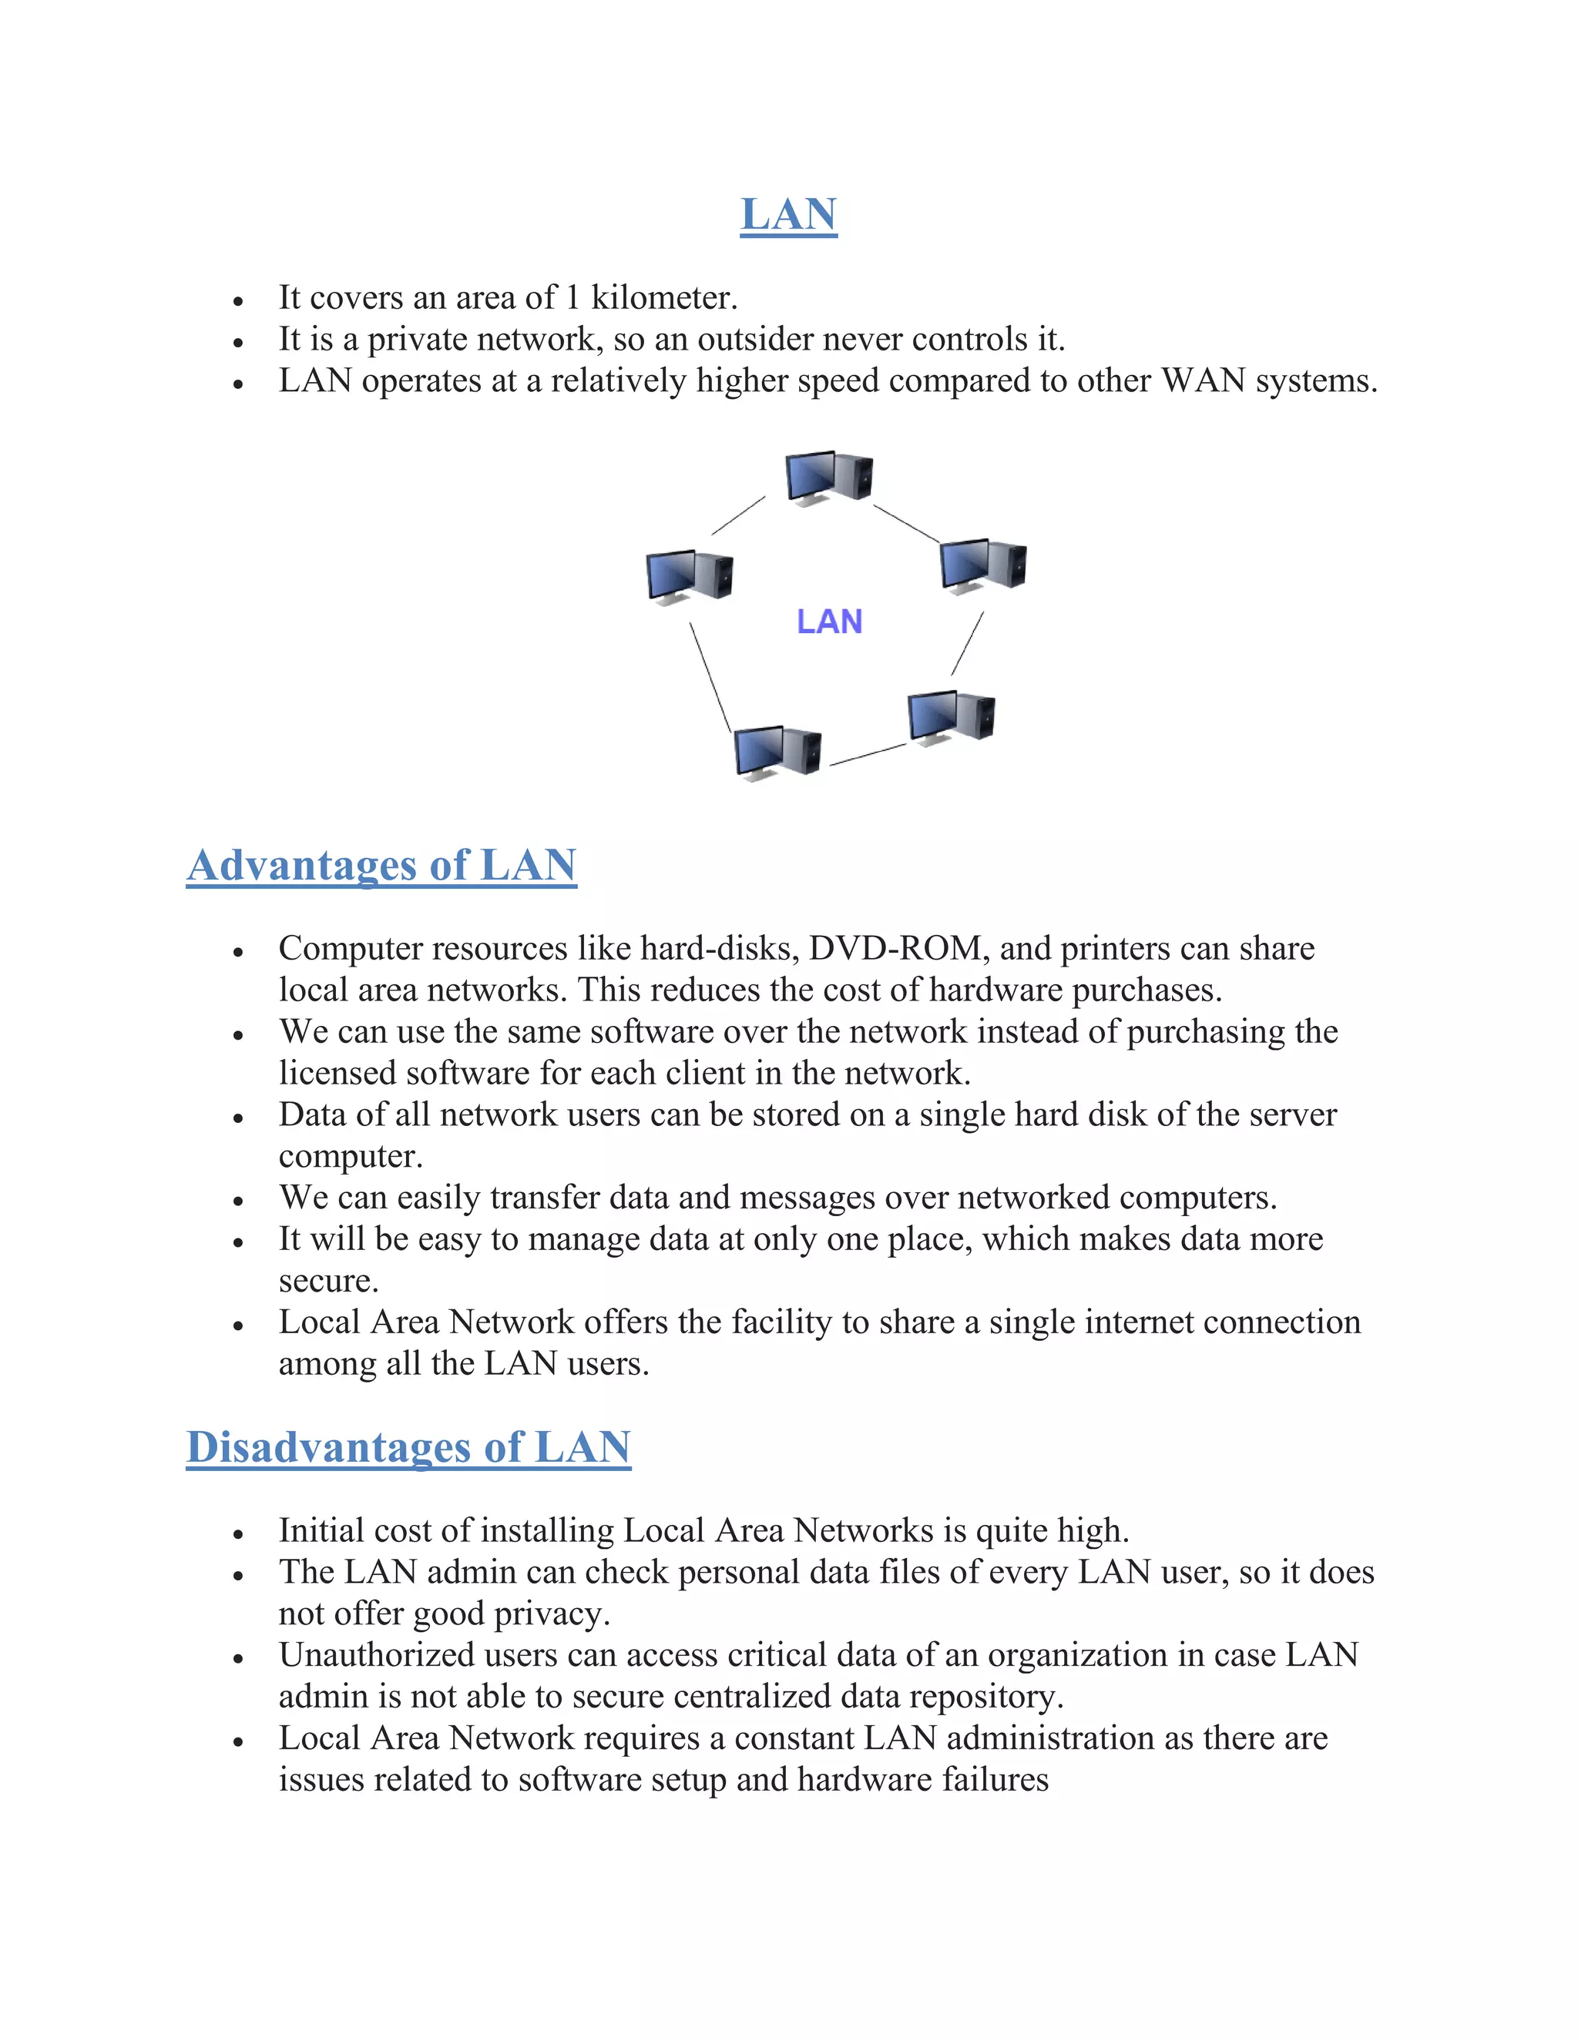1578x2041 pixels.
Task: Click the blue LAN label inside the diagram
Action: tap(829, 622)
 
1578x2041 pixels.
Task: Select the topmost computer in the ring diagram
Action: tap(828, 478)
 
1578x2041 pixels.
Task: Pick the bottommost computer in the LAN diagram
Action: tap(777, 752)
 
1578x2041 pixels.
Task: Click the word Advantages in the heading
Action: tap(302, 866)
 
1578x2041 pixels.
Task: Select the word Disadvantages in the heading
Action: tap(328, 1448)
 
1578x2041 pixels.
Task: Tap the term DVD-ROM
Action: tap(895, 949)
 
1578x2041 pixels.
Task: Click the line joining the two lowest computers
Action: tap(868, 755)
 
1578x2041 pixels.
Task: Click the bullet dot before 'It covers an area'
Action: tap(238, 301)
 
